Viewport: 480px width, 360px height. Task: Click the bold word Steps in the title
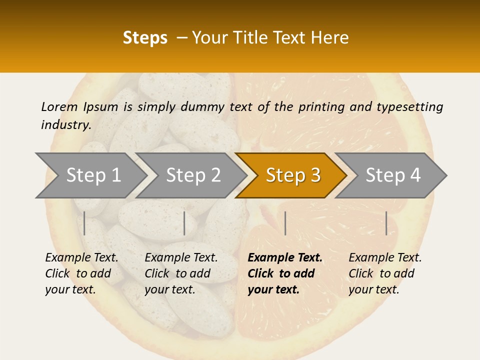(x=145, y=38)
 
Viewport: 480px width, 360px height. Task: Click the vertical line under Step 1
(x=84, y=223)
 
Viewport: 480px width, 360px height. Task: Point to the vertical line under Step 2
(x=184, y=223)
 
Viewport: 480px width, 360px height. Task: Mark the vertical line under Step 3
(x=285, y=223)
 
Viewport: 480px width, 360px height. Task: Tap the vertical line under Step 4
(x=386, y=223)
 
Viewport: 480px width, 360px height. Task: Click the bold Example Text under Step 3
(x=285, y=273)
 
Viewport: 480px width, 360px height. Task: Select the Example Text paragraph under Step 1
(x=81, y=273)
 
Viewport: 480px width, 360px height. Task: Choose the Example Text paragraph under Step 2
(x=181, y=273)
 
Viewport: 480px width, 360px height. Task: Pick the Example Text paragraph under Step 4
(x=385, y=273)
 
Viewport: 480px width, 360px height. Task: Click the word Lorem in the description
(x=59, y=106)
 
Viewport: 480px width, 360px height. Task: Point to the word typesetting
(x=409, y=107)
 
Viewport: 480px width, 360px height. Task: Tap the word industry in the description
(x=66, y=124)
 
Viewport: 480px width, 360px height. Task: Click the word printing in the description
(x=320, y=107)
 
